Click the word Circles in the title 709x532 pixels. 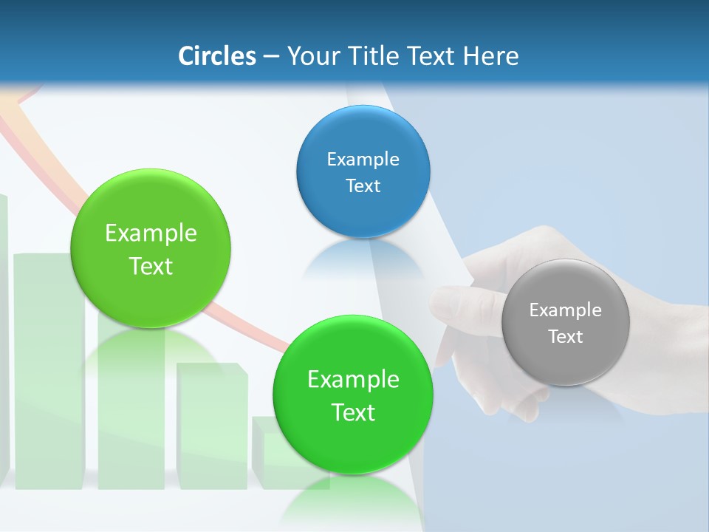[x=217, y=56]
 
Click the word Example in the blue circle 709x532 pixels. [x=363, y=160]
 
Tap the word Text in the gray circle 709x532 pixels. [x=566, y=337]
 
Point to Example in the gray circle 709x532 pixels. [x=566, y=310]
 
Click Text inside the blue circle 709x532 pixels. [x=363, y=186]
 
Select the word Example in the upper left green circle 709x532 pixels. [x=151, y=233]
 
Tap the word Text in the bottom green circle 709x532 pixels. [x=353, y=412]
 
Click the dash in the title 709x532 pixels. [x=271, y=57]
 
